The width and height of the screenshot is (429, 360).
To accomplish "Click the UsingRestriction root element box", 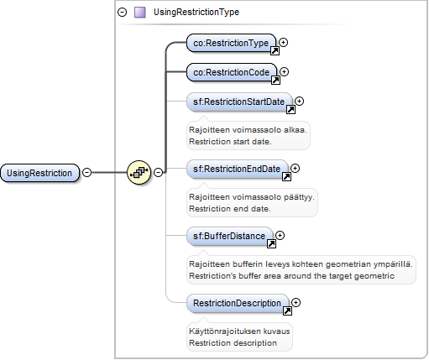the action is (x=39, y=173).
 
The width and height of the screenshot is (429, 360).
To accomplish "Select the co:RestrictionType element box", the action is (x=231, y=43).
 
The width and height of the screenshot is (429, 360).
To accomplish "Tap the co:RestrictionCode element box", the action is (x=232, y=72).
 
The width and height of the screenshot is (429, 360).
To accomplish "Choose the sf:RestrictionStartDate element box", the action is (x=239, y=102).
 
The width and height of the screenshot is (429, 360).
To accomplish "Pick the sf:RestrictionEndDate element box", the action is (x=237, y=169).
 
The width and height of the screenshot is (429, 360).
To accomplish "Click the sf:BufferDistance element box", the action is (x=229, y=236).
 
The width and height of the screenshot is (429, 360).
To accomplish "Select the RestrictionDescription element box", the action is (x=238, y=303).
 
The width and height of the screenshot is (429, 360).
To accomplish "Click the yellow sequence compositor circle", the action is (x=139, y=173).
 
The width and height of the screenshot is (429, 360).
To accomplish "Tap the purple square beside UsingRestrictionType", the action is (x=140, y=13).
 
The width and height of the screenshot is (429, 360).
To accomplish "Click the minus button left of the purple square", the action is (x=123, y=13).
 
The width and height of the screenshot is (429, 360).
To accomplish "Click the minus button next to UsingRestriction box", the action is (x=87, y=172).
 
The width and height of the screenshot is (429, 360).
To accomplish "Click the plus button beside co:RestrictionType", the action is (x=284, y=42).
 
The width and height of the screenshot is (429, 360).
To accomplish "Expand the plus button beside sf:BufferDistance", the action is (x=280, y=235).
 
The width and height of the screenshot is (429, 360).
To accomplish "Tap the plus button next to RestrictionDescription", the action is (x=296, y=302).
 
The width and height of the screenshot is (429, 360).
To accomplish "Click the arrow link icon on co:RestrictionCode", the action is (x=275, y=81).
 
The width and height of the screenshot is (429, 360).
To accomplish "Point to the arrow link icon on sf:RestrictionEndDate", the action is (x=286, y=176).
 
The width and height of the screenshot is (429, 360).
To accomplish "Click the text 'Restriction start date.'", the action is (x=230, y=142).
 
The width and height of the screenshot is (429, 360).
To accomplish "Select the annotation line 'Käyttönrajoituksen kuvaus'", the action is (x=239, y=331).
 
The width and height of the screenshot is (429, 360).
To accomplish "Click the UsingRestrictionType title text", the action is (x=196, y=12).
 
